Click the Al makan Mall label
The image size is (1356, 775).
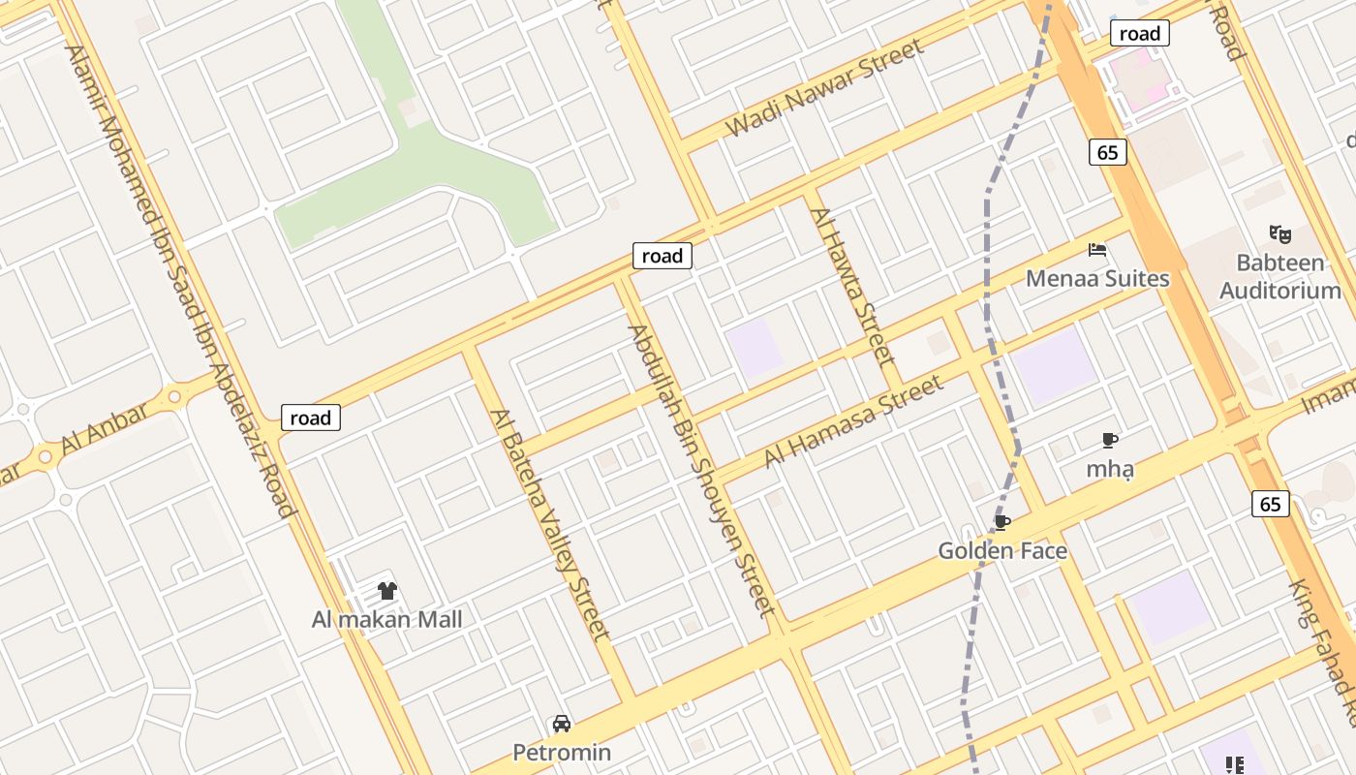click(386, 619)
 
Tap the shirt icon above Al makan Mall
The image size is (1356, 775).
click(386, 591)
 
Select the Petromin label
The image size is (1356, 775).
click(562, 753)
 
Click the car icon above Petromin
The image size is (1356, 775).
click(562, 724)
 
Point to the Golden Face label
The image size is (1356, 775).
click(1002, 551)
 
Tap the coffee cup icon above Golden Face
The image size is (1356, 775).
click(1002, 523)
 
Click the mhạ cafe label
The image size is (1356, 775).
click(1110, 470)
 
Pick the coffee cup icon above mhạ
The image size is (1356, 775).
click(1110, 441)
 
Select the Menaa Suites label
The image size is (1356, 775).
click(1097, 279)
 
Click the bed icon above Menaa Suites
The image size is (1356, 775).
click(1097, 250)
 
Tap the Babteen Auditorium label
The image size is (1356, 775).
click(1280, 276)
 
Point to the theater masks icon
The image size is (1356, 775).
click(1280, 233)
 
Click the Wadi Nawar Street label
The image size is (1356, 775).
click(824, 88)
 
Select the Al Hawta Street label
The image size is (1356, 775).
click(851, 286)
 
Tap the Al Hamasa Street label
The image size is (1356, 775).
click(853, 421)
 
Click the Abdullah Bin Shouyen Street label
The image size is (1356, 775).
click(701, 471)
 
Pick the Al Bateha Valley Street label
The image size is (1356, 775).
click(550, 524)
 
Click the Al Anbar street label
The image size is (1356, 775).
click(105, 429)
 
